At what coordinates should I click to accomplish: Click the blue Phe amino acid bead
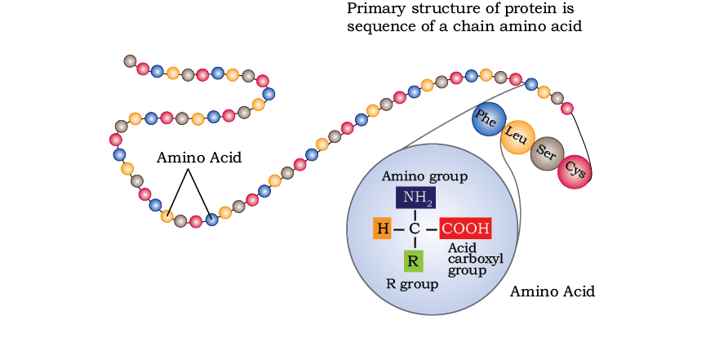pos(489,119)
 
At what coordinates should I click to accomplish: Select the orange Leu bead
pos(517,137)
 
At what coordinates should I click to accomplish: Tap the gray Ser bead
pos(547,153)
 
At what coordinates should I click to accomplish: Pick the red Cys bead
pos(575,171)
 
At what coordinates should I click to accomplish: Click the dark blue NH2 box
pos(415,198)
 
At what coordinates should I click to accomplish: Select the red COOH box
pos(465,228)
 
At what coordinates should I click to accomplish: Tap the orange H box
pos(383,228)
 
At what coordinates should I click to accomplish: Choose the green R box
pos(413,261)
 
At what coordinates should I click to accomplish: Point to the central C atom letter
pos(414,229)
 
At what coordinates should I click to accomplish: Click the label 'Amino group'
pos(424,176)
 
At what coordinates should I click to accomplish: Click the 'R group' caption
pos(412,284)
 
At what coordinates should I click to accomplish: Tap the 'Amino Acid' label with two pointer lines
pos(199,158)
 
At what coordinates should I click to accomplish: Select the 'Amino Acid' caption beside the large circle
pos(553,291)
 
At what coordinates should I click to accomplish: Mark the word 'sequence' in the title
pos(377,27)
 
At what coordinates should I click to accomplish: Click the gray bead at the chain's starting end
pos(131,60)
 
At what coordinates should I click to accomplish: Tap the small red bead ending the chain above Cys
pos(567,109)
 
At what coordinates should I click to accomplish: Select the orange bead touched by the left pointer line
pos(167,216)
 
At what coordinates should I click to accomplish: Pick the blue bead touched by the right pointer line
pos(211,220)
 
